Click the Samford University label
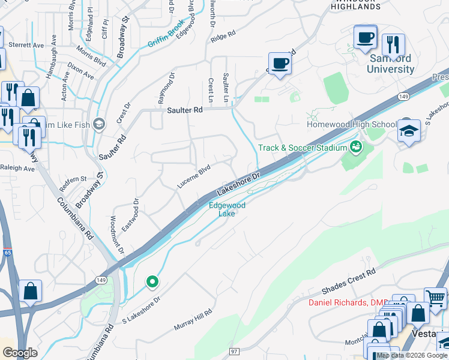tap(391, 64)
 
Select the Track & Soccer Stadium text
tap(303, 148)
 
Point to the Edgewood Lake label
tap(227, 209)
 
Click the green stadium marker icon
tap(356, 146)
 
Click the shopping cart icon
tap(436, 298)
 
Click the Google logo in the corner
tap(20, 353)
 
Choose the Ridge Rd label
tap(221, 37)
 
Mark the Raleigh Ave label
tap(17, 169)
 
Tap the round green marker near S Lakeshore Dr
tap(152, 281)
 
